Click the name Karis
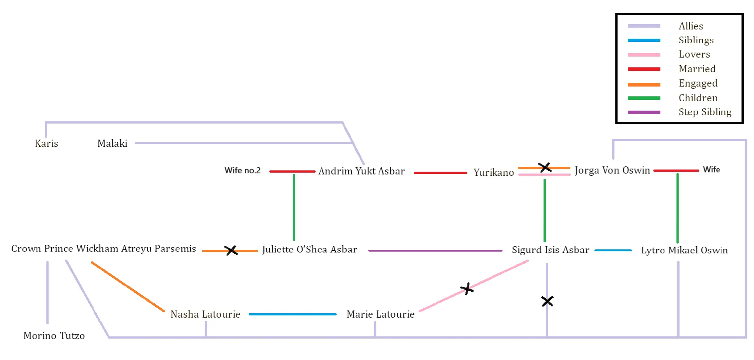[46, 143]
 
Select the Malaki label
[112, 143]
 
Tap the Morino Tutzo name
[54, 335]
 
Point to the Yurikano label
[494, 172]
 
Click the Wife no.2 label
[243, 170]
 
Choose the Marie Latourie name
[380, 314]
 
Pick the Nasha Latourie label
[205, 314]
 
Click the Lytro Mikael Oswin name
[684, 250]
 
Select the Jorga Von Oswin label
[612, 170]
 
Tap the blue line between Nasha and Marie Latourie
[293, 314]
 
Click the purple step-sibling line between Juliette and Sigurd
[435, 251]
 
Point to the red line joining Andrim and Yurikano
[440, 173]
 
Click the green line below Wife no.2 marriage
[294, 207]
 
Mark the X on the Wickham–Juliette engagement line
[231, 250]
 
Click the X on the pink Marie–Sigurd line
[467, 289]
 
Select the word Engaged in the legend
[698, 83]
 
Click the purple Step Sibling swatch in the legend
[644, 112]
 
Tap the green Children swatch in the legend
[644, 98]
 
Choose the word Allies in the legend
[691, 26]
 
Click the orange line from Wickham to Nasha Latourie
[128, 287]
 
